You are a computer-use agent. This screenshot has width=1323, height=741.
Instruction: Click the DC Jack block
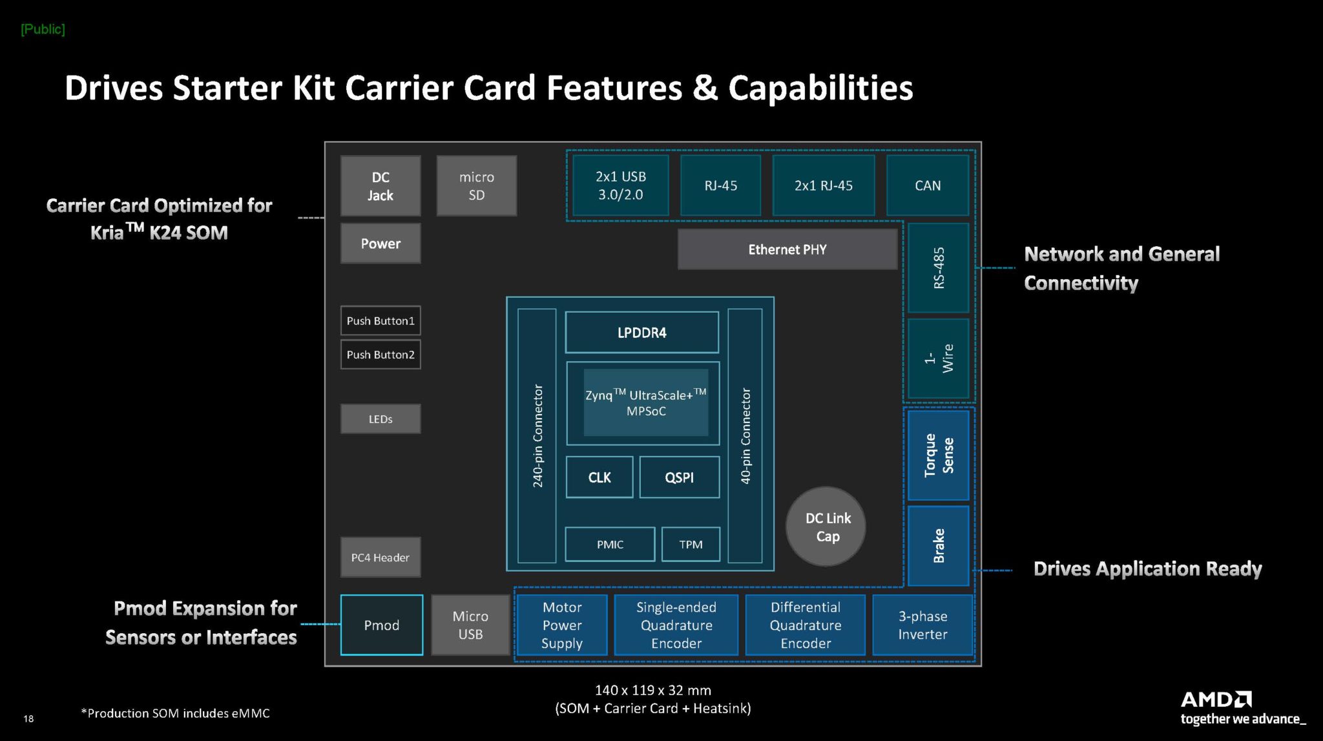380,186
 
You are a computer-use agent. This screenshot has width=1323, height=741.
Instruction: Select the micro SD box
477,186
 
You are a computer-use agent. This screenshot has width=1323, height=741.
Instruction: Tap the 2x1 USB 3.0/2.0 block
621,185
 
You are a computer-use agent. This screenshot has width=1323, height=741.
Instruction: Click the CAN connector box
928,185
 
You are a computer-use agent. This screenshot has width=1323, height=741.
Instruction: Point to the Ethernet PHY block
787,249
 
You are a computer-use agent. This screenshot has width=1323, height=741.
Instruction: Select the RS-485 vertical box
939,268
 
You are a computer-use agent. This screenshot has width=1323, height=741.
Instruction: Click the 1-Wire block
939,359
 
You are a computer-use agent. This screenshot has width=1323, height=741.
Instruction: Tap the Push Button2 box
380,355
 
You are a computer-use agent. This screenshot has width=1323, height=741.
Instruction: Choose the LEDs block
380,419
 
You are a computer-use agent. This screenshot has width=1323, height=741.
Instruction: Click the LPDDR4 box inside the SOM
641,333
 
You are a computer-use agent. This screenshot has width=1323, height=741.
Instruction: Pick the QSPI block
679,477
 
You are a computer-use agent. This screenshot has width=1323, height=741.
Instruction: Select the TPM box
691,545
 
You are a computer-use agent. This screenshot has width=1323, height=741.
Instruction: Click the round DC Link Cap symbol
826,527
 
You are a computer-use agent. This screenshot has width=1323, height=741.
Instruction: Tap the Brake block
939,546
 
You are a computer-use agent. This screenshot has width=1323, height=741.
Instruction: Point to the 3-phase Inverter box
922,625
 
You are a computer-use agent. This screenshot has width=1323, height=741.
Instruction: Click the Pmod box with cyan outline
382,625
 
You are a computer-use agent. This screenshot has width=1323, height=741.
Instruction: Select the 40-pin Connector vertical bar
745,436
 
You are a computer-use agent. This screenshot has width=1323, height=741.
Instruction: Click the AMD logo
1216,700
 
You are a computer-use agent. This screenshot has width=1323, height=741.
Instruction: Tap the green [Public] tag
43,29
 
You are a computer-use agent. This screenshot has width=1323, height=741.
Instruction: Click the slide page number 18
28,718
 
